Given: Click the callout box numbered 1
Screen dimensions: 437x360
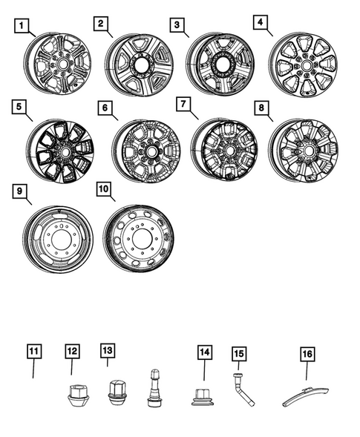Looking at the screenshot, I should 24,27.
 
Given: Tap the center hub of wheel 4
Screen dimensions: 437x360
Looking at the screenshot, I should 304,65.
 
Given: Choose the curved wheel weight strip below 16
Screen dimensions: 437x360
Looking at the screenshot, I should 308,394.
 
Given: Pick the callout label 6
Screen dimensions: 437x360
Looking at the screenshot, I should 107,108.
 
